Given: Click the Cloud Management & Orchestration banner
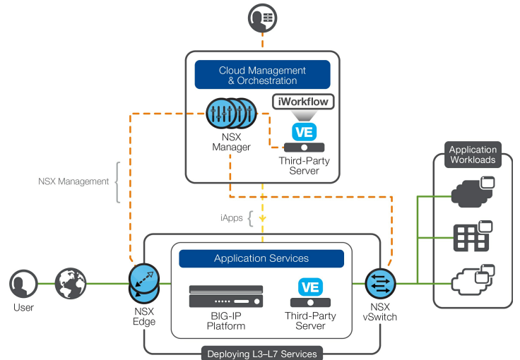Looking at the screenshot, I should tap(262, 75).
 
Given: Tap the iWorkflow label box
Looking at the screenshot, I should tap(302, 102).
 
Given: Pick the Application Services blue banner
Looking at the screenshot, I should tap(261, 258).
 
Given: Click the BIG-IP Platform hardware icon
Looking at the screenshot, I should tap(226, 296).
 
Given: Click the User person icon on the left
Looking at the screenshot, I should tap(23, 284).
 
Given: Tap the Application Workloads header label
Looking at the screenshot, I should tap(473, 155).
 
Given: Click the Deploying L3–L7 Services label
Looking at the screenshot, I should tap(261, 354).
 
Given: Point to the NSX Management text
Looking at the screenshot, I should tap(73, 181).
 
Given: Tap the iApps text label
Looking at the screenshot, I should tap(230, 218).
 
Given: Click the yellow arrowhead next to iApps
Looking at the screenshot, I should tap(263, 219).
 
